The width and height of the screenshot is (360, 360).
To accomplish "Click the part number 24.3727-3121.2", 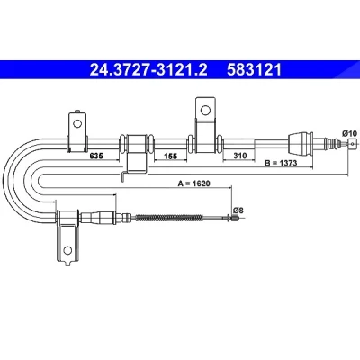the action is pos(148,70).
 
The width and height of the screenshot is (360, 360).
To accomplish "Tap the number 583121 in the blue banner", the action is pos(255,70).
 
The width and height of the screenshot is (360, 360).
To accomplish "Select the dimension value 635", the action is pos(96,156).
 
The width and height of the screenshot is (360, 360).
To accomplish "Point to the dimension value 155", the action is pos(171,156).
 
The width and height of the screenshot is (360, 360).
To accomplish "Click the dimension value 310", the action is pos(240,156).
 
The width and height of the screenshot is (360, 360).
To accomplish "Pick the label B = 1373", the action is pos(281,163).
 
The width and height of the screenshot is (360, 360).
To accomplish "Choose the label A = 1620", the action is pos(193,184).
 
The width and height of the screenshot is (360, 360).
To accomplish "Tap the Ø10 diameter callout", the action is pos(349,133).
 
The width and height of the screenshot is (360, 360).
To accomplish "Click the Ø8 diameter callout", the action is pos(238,211).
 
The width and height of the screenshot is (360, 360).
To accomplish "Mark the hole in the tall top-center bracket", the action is pos(205,111).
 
